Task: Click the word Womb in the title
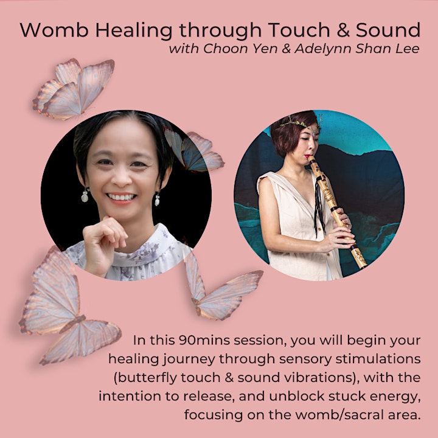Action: tap(54, 30)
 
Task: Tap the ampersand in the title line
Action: tap(343, 30)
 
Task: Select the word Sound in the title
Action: tap(388, 30)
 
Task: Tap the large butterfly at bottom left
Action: tap(64, 307)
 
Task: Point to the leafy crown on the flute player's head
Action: tap(302, 123)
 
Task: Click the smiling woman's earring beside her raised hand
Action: tap(85, 195)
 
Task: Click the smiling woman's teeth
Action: tap(121, 197)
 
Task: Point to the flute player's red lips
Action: tap(307, 156)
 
